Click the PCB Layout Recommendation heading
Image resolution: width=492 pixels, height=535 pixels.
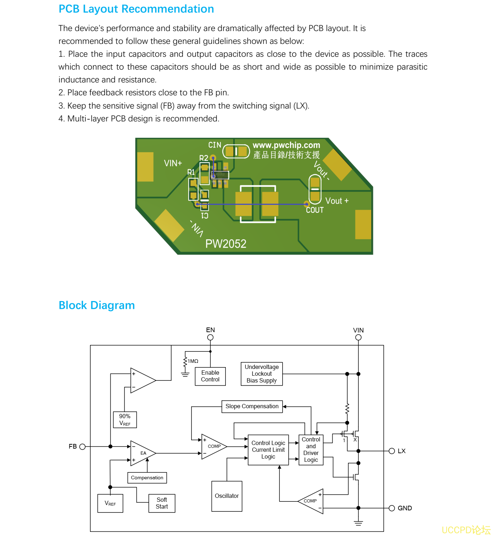pos(136,9)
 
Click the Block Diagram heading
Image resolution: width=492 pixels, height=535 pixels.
pos(96,305)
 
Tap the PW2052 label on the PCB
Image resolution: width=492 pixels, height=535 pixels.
pos(226,244)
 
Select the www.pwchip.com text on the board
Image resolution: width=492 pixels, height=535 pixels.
pos(286,145)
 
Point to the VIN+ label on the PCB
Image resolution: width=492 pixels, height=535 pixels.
pos(173,163)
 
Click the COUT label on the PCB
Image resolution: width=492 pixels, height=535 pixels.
pos(315,210)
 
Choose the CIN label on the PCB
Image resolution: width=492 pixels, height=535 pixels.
pos(215,145)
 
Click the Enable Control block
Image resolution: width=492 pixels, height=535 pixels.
pos(210,376)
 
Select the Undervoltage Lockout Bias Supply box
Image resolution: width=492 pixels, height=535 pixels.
pos(262,374)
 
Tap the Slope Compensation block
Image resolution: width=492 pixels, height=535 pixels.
pos(252,406)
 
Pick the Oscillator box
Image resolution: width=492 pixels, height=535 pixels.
pos(227,496)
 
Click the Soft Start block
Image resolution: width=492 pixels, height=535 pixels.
pos(161,503)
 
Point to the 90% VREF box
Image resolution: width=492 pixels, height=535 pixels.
pos(125,419)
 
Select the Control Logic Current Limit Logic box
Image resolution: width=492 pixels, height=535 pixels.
pos(268,450)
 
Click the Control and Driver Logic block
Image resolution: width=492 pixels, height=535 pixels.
pos(311,450)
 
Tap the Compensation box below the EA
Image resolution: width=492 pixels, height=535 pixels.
pos(147,477)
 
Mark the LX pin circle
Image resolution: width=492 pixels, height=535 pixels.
pos(392,451)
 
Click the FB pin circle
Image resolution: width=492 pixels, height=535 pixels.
pos(83,446)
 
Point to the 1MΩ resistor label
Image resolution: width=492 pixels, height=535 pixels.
pos(193,361)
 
